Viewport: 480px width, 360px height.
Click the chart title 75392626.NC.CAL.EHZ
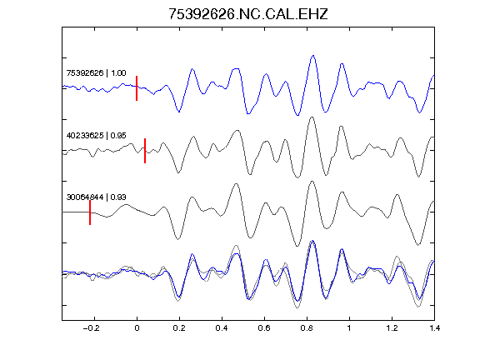(248, 14)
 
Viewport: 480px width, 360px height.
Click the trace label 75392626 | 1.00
(96, 73)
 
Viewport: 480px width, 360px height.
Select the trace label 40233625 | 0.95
(96, 135)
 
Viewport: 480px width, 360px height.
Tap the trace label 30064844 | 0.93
(96, 197)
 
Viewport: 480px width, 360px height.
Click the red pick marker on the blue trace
(137, 88)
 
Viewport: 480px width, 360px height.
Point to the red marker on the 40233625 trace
(145, 151)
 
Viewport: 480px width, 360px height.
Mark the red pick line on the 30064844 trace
(90, 212)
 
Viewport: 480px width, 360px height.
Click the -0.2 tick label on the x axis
(92, 328)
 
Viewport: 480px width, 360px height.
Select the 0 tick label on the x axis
(137, 328)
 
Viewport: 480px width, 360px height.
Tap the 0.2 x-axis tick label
(179, 328)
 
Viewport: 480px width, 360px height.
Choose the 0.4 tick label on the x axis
(222, 328)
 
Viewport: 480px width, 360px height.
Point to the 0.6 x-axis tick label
(264, 328)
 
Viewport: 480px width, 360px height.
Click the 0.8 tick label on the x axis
(307, 328)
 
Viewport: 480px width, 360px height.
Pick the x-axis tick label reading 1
(349, 328)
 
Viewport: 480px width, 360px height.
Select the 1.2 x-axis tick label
(392, 328)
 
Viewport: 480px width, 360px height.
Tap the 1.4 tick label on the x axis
(434, 328)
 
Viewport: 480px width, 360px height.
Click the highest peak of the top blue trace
(312, 56)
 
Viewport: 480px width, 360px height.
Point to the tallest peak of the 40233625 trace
(312, 117)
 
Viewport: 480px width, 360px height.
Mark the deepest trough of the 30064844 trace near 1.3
(417, 245)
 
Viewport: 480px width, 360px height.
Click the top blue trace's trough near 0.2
(179, 112)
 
